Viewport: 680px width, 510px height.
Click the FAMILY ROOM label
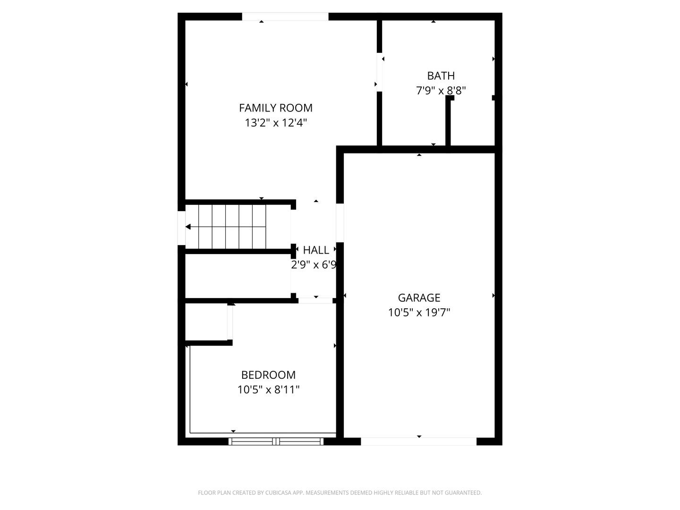(275, 108)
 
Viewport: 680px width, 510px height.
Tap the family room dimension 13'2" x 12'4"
(276, 123)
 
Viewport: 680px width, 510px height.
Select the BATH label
(441, 76)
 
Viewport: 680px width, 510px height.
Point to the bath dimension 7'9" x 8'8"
(441, 91)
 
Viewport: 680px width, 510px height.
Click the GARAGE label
(419, 298)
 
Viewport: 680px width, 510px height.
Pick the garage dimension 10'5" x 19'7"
(419, 313)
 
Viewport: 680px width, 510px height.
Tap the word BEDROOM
(268, 375)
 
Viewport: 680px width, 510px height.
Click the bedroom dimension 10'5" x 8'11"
(268, 390)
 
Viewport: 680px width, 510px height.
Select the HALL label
(316, 250)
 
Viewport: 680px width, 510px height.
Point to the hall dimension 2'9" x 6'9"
(314, 265)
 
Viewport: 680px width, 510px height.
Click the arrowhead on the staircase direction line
(188, 227)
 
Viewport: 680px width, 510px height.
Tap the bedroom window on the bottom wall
(276, 441)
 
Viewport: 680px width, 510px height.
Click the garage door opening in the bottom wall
(418, 441)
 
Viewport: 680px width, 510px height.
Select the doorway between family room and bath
(379, 72)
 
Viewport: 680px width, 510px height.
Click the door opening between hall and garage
(340, 222)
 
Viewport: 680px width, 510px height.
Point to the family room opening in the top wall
(285, 17)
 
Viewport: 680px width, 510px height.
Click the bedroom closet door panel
(230, 323)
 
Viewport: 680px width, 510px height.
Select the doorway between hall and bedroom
(315, 301)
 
